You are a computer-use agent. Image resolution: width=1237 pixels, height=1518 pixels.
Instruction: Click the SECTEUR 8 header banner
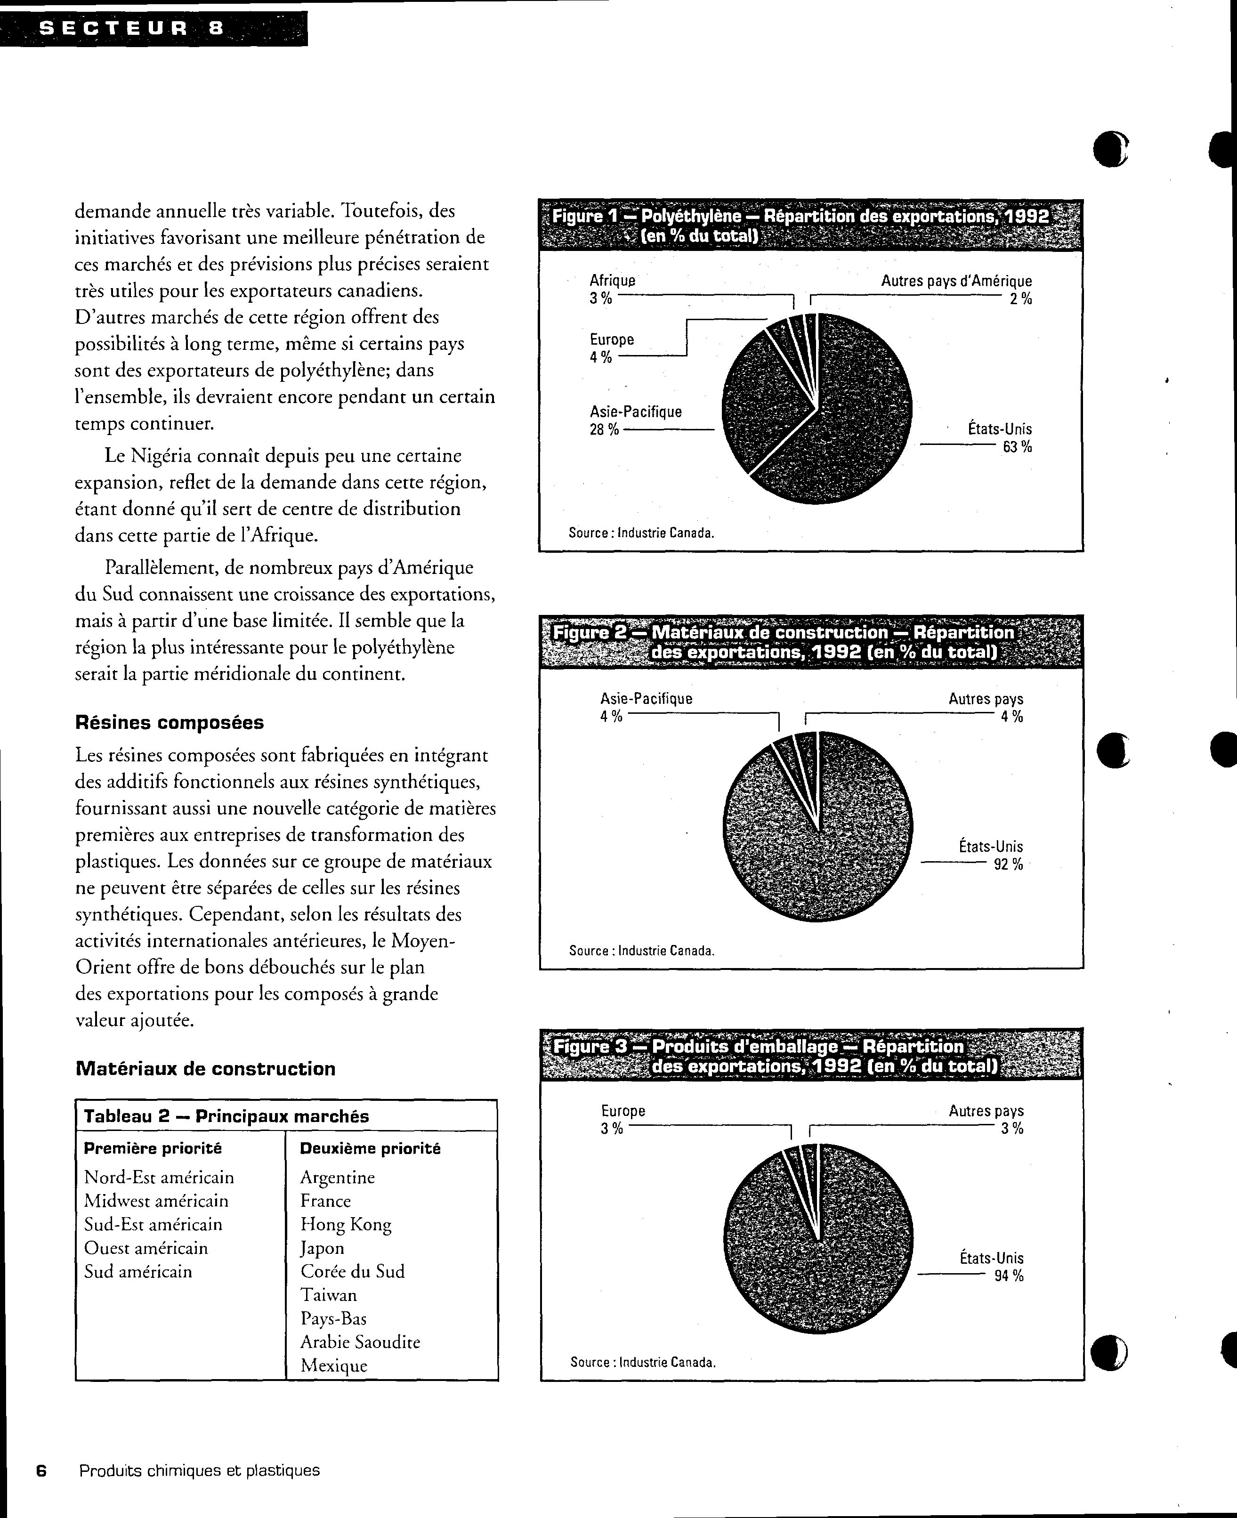click(153, 29)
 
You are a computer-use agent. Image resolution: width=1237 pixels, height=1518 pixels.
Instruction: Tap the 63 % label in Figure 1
click(1017, 447)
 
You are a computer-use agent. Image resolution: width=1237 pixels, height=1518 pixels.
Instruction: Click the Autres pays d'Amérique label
click(956, 282)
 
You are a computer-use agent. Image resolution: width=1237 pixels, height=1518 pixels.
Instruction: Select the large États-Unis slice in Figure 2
click(819, 855)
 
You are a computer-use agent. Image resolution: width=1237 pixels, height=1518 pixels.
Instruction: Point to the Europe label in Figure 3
click(623, 1111)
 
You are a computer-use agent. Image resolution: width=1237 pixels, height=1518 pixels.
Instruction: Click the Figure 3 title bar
click(811, 1056)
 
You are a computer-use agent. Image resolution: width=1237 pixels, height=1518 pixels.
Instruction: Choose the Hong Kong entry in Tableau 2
click(346, 1224)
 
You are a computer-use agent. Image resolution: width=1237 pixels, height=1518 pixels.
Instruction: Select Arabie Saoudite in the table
click(360, 1342)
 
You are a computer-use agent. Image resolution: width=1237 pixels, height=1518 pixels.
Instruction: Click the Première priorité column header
click(153, 1148)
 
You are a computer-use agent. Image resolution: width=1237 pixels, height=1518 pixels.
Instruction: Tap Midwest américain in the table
click(156, 1200)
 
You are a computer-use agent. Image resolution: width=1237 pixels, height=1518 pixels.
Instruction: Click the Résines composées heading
click(170, 722)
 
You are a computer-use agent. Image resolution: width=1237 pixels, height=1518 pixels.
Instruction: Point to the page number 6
click(41, 1470)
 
